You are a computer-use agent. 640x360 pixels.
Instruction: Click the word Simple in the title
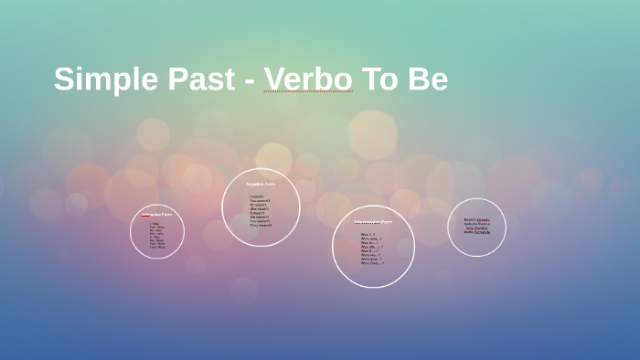coord(100,79)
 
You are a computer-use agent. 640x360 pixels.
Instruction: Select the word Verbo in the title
coord(308,79)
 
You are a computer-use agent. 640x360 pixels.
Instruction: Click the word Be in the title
coord(428,79)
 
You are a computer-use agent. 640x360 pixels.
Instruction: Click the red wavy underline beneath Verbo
coord(308,92)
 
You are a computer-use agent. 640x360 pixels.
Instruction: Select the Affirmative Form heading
coord(156,215)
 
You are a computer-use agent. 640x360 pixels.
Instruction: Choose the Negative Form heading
coord(260,184)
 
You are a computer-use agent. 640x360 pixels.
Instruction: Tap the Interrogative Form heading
coord(373,222)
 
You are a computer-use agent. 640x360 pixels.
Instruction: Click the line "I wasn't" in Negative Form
coord(256,196)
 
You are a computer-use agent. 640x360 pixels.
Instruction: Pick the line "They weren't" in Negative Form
coord(261,225)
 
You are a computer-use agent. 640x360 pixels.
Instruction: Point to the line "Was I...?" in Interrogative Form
coord(368,234)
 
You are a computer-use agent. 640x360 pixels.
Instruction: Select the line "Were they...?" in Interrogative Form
coord(372,263)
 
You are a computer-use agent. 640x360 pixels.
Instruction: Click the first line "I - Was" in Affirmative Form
coord(155,223)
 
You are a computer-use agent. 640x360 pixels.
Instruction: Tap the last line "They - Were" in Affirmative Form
coord(157,247)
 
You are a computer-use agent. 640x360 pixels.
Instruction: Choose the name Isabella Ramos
coord(476,224)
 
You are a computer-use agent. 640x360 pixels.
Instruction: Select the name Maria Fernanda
coord(476,232)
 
